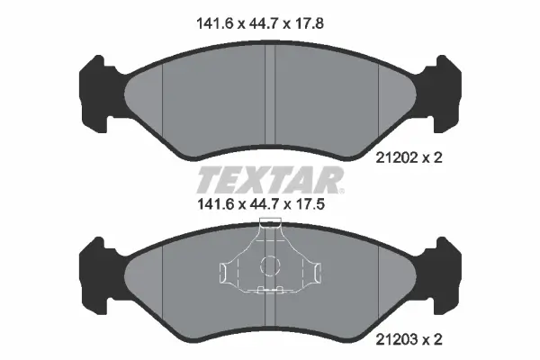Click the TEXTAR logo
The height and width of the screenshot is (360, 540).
click(270, 180)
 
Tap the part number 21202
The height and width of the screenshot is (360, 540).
click(396, 158)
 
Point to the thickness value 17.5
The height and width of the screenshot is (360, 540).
click(309, 204)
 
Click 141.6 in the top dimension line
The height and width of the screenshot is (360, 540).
click(215, 23)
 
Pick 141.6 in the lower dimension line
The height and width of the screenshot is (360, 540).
click(215, 204)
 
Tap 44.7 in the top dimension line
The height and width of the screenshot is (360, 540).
click(264, 23)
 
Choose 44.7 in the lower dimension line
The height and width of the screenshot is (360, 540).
click(264, 204)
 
